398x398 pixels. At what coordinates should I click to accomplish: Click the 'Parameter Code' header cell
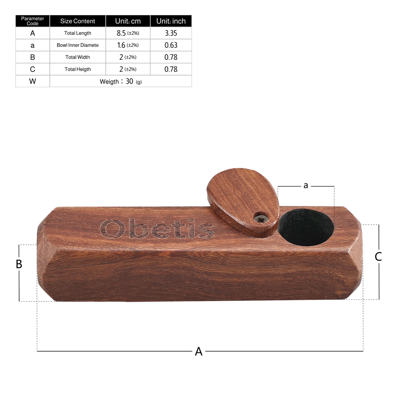pos(32,21)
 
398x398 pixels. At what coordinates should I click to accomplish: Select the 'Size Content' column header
pos(78,21)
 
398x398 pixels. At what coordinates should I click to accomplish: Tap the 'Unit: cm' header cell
pos(128,21)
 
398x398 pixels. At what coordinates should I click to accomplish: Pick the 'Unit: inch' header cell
pos(171,21)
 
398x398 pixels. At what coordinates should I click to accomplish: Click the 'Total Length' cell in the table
pos(78,33)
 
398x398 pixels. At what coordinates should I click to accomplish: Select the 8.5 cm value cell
pos(128,33)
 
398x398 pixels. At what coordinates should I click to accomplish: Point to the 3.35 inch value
pos(171,33)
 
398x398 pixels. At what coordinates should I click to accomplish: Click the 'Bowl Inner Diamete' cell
pos(78,45)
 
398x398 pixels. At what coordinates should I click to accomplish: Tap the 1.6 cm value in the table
pos(128,45)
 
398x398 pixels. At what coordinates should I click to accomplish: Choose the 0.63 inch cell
pos(171,45)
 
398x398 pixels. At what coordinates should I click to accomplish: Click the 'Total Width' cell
pos(78,57)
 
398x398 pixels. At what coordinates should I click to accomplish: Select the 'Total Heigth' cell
pos(78,69)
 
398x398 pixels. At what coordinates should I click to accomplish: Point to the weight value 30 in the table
pos(129,81)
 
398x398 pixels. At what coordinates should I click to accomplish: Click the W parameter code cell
pos(32,81)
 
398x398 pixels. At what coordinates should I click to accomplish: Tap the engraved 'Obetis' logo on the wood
pos(157,229)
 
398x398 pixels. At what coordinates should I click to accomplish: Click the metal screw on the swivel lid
pos(260,219)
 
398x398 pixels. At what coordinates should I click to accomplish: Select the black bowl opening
pos(306,228)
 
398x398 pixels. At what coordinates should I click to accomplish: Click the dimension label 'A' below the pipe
pos(199,352)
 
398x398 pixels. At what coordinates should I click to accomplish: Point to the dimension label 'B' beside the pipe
pos(19,264)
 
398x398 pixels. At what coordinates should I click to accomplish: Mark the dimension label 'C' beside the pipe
pos(378,256)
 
